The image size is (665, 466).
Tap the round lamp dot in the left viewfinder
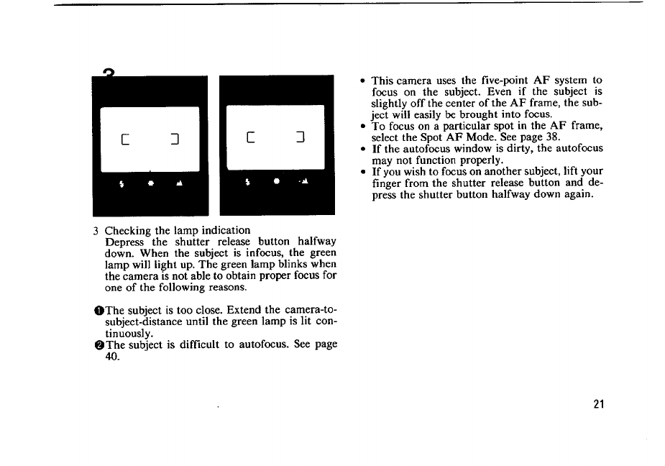coord(149,183)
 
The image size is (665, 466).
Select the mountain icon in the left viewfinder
coord(178,183)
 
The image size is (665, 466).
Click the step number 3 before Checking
coord(96,231)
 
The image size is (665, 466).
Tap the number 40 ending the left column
coord(112,356)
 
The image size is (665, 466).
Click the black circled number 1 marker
coord(98,310)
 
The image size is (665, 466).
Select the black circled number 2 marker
coord(98,345)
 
